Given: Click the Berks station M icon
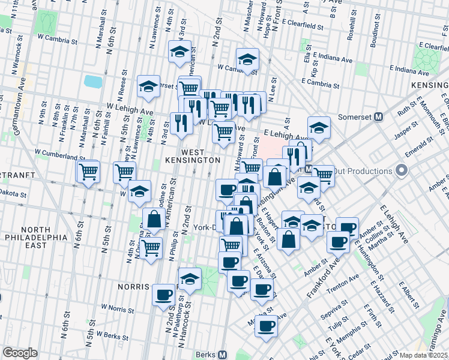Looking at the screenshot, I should pos(223,355).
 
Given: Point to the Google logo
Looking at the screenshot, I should pos(20,353).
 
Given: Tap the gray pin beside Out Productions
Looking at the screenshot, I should pos(402,171).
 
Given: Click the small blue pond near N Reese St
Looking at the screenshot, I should pos(93,81).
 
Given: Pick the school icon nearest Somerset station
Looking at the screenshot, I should pos(319,128).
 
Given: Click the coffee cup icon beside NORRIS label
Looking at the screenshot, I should pos(163,295).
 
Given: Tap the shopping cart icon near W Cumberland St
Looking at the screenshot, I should pos(88,172).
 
